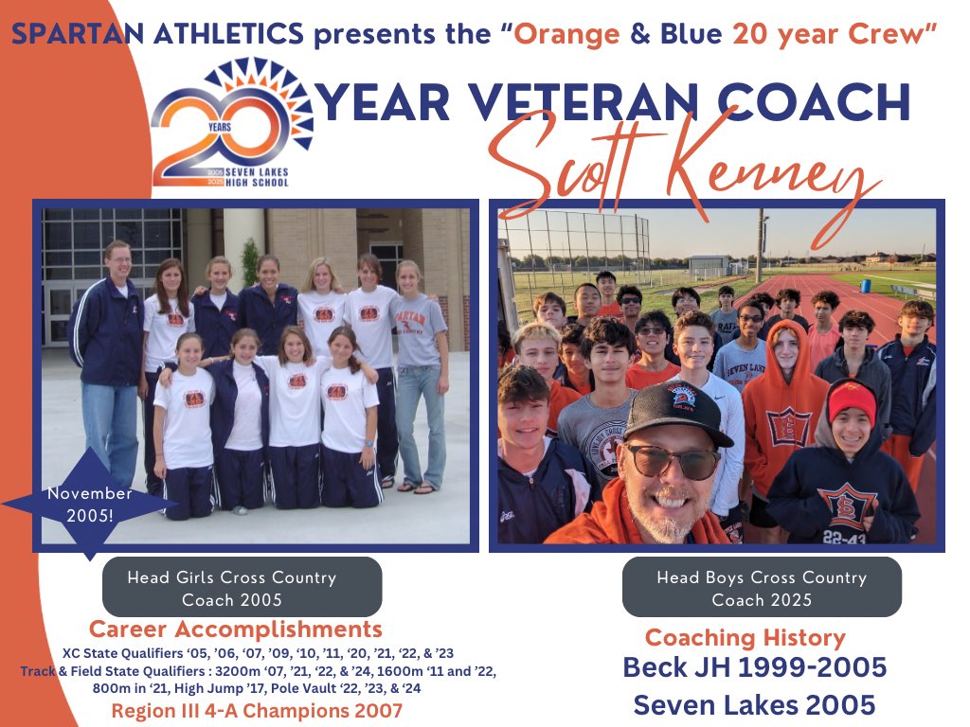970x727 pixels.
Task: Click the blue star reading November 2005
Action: click(90, 505)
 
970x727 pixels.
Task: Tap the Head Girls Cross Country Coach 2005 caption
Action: click(242, 587)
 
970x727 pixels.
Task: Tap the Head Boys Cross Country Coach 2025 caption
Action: click(762, 587)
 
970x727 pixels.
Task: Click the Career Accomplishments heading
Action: click(235, 629)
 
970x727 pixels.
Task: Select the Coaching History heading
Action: click(745, 637)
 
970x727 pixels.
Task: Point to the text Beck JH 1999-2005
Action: click(754, 667)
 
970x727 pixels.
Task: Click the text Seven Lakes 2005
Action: click(754, 705)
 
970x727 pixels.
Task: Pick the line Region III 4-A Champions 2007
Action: click(256, 711)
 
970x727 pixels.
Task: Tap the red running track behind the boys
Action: click(853, 293)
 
